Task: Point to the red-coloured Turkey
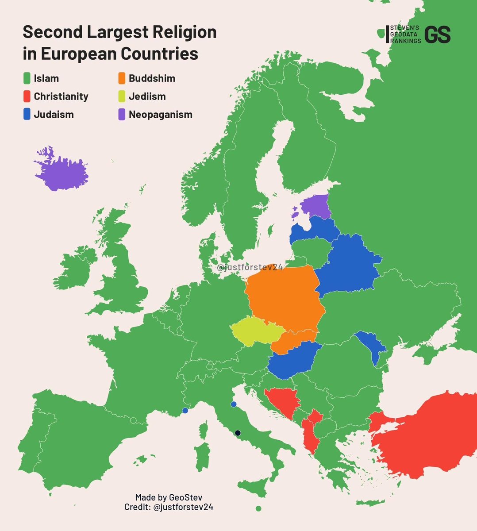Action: click(425, 438)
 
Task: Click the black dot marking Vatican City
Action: click(238, 433)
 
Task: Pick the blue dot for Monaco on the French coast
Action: click(185, 411)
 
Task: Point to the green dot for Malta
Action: click(258, 508)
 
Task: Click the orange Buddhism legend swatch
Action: click(122, 78)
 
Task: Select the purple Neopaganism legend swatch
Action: click(122, 115)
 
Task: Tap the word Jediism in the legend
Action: click(147, 96)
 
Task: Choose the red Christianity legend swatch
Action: click(27, 96)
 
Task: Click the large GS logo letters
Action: click(437, 35)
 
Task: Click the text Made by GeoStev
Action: click(169, 497)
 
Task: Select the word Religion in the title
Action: click(181, 32)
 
